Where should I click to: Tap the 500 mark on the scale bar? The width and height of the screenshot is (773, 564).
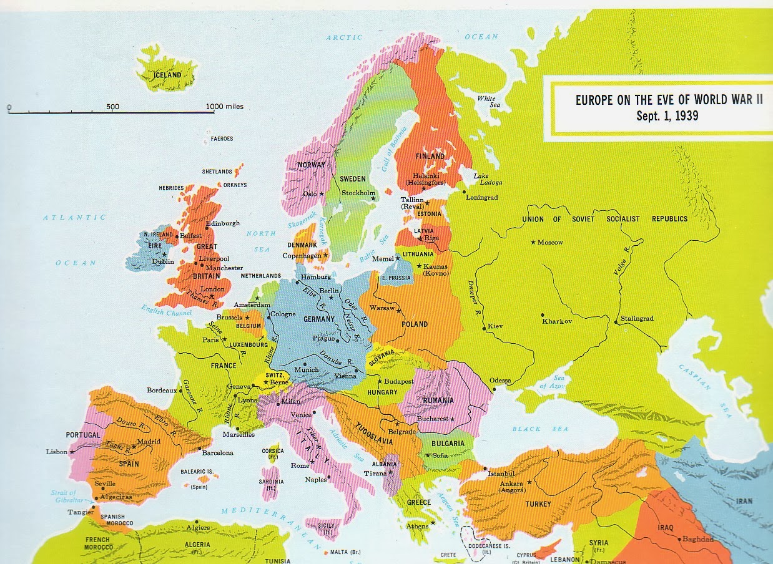112,107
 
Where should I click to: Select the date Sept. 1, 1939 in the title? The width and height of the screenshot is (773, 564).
667,116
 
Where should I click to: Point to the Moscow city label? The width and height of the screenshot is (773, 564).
549,242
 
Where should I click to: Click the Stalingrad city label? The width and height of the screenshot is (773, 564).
637,318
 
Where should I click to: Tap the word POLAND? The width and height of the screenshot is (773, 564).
415,324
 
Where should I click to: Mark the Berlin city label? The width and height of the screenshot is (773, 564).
328,291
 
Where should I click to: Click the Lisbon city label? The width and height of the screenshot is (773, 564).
57,452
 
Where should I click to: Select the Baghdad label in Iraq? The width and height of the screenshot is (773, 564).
697,538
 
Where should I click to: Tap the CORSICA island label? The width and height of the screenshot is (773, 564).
272,450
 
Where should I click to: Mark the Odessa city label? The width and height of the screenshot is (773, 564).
500,381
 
